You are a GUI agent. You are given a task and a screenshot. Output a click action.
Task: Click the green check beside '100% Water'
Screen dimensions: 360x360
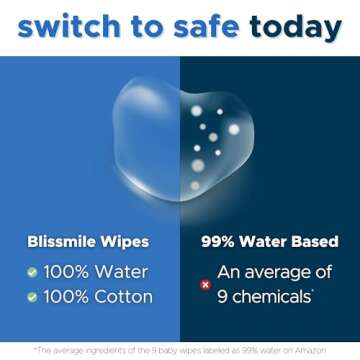click(x=32, y=272)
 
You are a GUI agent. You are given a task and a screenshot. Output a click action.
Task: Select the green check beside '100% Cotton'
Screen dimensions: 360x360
click(x=32, y=297)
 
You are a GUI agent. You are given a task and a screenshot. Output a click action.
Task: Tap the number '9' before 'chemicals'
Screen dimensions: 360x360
click(x=223, y=297)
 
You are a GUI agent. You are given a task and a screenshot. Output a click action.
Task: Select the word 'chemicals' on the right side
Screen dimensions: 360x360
click(x=273, y=297)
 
